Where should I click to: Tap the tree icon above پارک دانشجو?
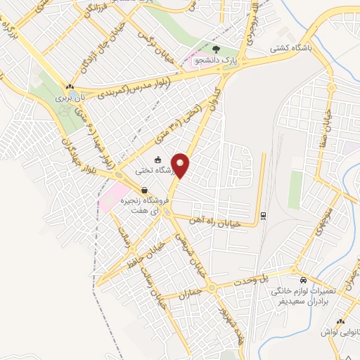point(215,49)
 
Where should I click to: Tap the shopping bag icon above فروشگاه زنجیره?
point(144,190)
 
